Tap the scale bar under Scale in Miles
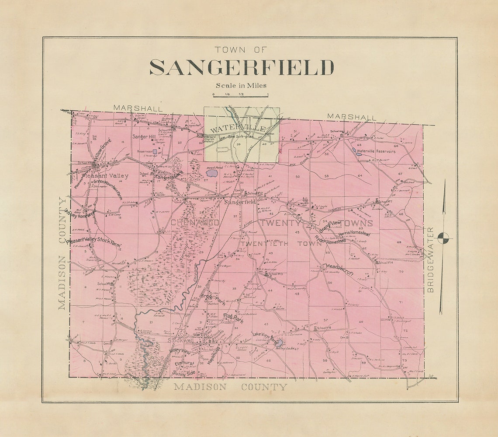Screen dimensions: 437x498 240,95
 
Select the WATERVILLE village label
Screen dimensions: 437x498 238,129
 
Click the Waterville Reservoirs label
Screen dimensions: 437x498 376,151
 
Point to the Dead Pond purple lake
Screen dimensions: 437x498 212,173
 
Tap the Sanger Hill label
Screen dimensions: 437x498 145,136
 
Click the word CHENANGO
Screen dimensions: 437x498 194,223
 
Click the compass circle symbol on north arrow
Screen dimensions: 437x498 444,238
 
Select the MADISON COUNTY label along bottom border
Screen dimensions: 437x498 231,387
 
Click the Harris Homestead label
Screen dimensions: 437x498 354,232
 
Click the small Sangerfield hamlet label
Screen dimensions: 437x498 240,203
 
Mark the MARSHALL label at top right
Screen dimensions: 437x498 352,117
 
